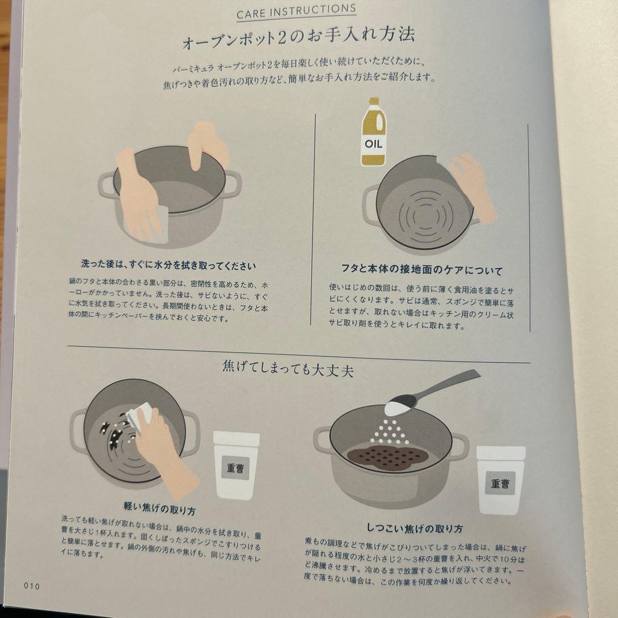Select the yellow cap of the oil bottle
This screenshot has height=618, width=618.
pos(374,102)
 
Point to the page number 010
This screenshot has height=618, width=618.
pos(31,585)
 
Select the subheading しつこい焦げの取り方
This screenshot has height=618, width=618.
pos(415,528)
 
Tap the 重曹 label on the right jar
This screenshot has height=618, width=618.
pos(500,484)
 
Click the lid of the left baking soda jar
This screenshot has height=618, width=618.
pos(236,438)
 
